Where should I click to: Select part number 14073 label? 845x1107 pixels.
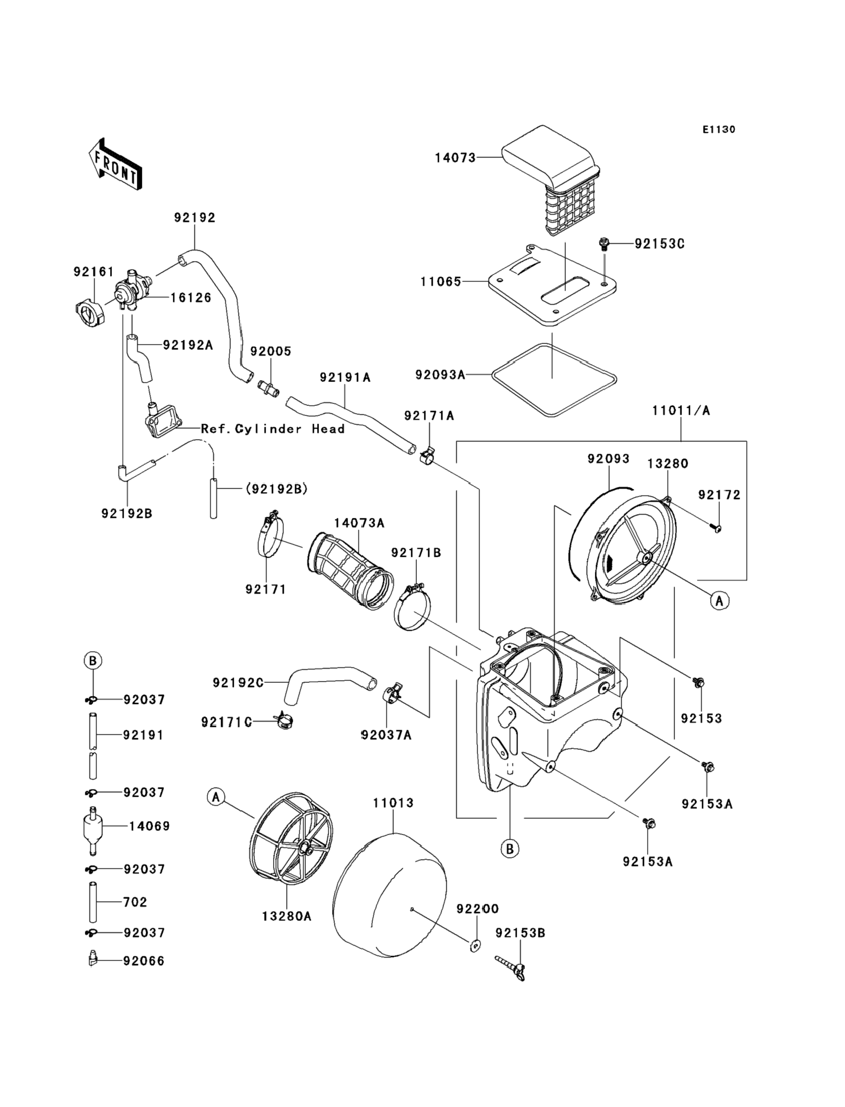(455, 158)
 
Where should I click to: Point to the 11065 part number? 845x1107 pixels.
(441, 282)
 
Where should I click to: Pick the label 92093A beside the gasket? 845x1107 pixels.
(440, 375)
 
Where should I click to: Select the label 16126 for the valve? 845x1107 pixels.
(191, 298)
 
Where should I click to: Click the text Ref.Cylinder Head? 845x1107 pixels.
(273, 429)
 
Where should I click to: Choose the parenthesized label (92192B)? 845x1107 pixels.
(276, 489)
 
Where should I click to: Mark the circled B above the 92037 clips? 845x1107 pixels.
(93, 660)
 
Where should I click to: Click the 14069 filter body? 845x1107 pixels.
(93, 826)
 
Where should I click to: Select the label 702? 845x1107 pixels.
(135, 902)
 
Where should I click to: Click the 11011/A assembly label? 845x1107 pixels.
(681, 411)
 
